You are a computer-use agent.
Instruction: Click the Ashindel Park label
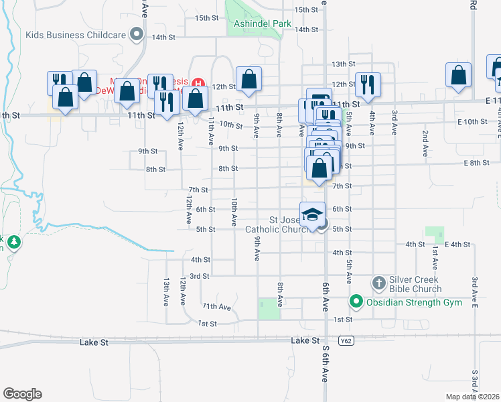click(263, 24)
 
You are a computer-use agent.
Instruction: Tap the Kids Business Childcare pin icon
click(137, 33)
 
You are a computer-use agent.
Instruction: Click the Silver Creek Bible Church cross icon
click(378, 282)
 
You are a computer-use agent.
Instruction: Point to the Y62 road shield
click(346, 341)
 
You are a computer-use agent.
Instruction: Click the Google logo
click(22, 394)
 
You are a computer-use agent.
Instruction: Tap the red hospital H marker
click(198, 84)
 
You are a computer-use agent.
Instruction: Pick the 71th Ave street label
click(216, 306)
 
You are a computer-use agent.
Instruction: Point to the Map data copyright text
click(473, 397)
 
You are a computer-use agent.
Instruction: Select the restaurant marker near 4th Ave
click(368, 84)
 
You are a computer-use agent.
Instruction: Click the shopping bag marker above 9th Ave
click(248, 79)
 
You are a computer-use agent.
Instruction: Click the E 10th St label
click(472, 121)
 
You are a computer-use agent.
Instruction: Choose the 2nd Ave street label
click(425, 143)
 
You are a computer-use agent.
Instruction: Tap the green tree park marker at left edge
click(13, 241)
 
